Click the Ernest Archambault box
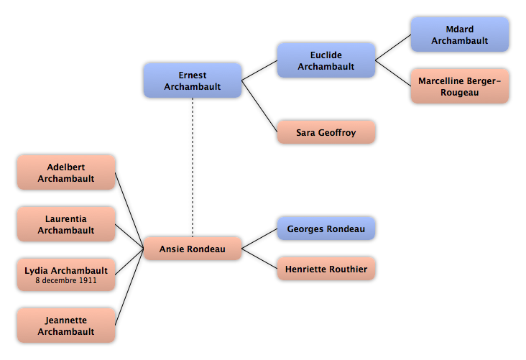pyautogui.click(x=193, y=80)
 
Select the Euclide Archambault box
pyautogui.click(x=326, y=60)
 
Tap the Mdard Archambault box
pyautogui.click(x=460, y=34)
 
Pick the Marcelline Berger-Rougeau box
pyautogui.click(x=460, y=86)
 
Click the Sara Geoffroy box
pyautogui.click(x=326, y=132)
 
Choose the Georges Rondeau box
pyautogui.click(x=326, y=229)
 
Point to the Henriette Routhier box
pyautogui.click(x=326, y=269)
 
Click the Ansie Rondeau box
pyautogui.click(x=193, y=249)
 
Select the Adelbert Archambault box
pyautogui.click(x=66, y=172)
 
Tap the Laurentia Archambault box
pyautogui.click(x=66, y=224)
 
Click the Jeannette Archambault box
pyautogui.click(x=66, y=326)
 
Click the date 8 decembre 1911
pyautogui.click(x=66, y=280)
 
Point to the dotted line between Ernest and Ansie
pyautogui.click(x=193, y=167)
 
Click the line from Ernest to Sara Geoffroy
pyautogui.click(x=259, y=106)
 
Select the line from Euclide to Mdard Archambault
pyautogui.click(x=393, y=47)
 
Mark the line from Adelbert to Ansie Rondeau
pyautogui.click(x=129, y=211)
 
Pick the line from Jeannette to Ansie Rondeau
pyautogui.click(x=129, y=287)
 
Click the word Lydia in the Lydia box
pyautogui.click(x=37, y=271)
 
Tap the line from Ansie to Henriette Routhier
pyautogui.click(x=259, y=259)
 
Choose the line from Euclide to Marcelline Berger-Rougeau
pyautogui.click(x=393, y=73)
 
